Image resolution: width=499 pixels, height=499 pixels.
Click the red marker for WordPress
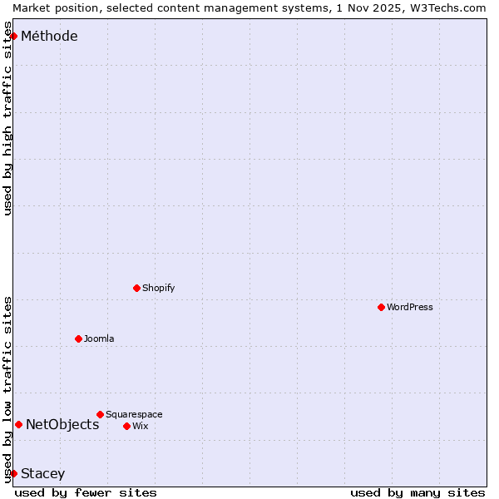tap(381, 307)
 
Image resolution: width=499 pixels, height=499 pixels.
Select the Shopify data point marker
tap(136, 288)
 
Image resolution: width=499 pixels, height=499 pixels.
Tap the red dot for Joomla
tap(78, 338)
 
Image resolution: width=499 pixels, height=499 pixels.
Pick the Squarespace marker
tap(100, 414)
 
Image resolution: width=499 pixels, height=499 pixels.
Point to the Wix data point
tap(126, 426)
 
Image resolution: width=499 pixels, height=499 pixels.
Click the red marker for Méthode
tap(13, 36)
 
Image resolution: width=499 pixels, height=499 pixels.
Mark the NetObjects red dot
tap(18, 424)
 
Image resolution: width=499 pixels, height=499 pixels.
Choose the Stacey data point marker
tap(13, 473)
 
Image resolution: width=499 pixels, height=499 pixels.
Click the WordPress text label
tap(410, 307)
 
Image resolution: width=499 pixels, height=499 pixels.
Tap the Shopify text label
tap(159, 288)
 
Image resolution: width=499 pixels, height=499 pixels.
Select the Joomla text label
tap(99, 338)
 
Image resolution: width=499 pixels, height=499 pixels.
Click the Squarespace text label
tap(134, 414)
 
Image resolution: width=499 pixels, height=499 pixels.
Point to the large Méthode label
tap(49, 36)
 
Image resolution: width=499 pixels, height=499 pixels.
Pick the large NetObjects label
tap(62, 424)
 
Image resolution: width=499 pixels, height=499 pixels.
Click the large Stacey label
tap(42, 473)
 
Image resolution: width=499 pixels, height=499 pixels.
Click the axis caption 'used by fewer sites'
tap(86, 492)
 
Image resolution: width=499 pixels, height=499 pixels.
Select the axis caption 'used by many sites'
tap(417, 492)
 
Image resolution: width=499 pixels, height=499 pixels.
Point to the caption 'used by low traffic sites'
tap(7, 388)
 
